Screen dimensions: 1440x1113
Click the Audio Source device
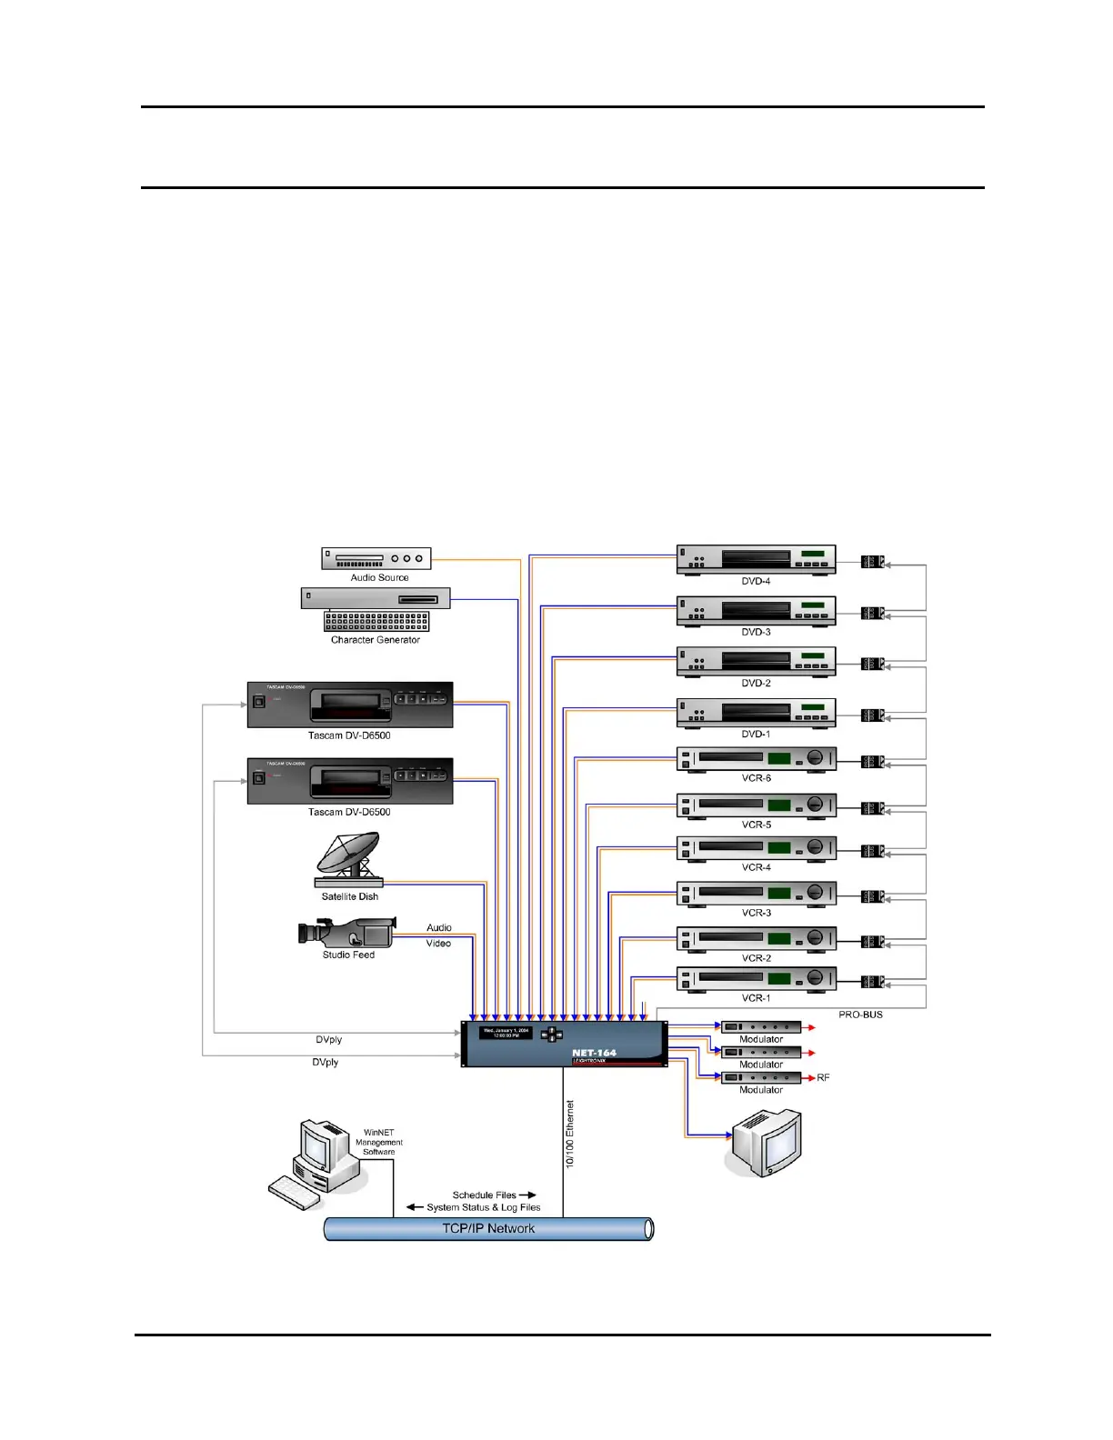pyautogui.click(x=376, y=558)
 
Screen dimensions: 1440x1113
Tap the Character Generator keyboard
pyautogui.click(x=376, y=621)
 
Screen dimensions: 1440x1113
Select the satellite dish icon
pyautogui.click(x=348, y=859)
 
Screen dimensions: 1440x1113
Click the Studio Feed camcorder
pyautogui.click(x=346, y=932)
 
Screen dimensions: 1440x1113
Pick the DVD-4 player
pyautogui.click(x=756, y=559)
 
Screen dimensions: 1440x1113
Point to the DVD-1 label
pyautogui.click(x=756, y=735)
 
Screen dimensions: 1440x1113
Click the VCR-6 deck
pyautogui.click(x=756, y=759)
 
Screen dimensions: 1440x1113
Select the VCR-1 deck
pyautogui.click(x=756, y=979)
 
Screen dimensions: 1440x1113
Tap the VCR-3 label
pyautogui.click(x=756, y=913)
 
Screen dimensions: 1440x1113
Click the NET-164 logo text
pyautogui.click(x=594, y=1053)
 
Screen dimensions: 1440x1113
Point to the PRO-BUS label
pyautogui.click(x=860, y=1015)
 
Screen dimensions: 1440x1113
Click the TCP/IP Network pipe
pyautogui.click(x=488, y=1229)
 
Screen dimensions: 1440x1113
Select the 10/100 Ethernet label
pyautogui.click(x=570, y=1135)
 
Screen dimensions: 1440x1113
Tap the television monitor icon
pyautogui.click(x=767, y=1144)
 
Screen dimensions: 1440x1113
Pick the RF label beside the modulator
pyautogui.click(x=823, y=1077)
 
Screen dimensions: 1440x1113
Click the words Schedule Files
pyautogui.click(x=484, y=1195)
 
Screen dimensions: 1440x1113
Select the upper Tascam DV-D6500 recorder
pyautogui.click(x=350, y=705)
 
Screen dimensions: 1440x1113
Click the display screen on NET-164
pyautogui.click(x=506, y=1034)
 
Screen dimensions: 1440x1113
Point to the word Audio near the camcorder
pyautogui.click(x=439, y=928)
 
